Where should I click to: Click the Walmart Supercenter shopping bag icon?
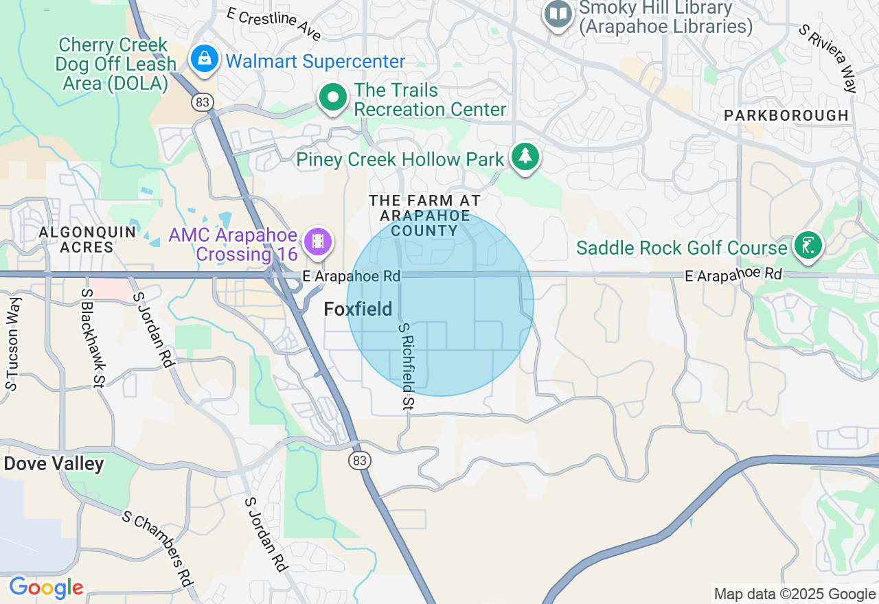point(205,60)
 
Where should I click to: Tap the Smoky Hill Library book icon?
point(558,14)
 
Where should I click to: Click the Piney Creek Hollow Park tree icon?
point(525,156)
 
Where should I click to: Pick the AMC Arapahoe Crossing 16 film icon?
point(317,242)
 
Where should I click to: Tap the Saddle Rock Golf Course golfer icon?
point(808,246)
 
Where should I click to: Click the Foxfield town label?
point(358,310)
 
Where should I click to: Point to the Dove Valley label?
point(54,464)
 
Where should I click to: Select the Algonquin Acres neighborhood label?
point(87,240)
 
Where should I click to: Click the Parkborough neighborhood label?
point(786,115)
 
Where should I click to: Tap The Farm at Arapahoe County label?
point(424,216)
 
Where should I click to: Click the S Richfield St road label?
point(407,367)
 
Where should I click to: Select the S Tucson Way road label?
point(13,343)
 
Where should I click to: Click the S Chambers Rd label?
point(157,547)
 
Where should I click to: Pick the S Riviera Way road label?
point(828,58)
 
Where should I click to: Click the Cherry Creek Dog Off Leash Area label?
point(113,65)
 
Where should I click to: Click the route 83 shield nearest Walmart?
point(203,102)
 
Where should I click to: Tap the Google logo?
point(46,588)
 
